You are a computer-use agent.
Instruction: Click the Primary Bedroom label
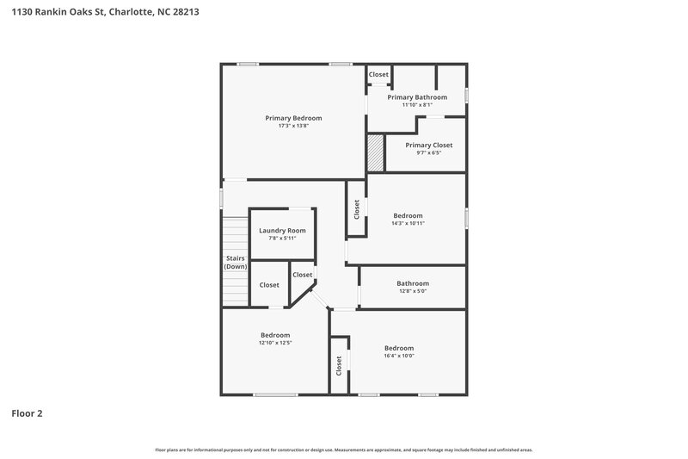[x=293, y=118]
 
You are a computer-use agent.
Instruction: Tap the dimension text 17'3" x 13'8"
[x=293, y=126]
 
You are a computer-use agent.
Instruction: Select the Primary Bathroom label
[x=417, y=97]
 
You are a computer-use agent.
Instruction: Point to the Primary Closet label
[x=428, y=146]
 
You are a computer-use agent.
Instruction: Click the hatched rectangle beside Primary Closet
[x=375, y=154]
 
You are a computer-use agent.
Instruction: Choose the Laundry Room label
[x=282, y=231]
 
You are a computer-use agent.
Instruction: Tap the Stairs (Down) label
[x=236, y=263]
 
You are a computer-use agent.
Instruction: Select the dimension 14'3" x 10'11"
[x=408, y=223]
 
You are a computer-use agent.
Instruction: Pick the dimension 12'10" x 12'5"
[x=275, y=343]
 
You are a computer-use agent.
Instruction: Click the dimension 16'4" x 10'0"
[x=398, y=356]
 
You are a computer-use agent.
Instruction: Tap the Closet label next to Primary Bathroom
[x=378, y=75]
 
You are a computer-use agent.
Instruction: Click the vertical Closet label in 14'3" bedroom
[x=356, y=208]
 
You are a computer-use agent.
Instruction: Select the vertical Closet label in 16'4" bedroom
[x=339, y=366]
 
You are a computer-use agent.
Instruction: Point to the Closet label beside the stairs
[x=269, y=285]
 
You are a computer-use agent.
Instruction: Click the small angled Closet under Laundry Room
[x=302, y=275]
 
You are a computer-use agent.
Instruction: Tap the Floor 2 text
[x=27, y=413]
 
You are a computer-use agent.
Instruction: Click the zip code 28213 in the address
[x=172, y=12]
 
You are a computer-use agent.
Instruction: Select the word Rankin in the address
[x=44, y=12]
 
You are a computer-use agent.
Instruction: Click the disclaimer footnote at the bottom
[x=344, y=450]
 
